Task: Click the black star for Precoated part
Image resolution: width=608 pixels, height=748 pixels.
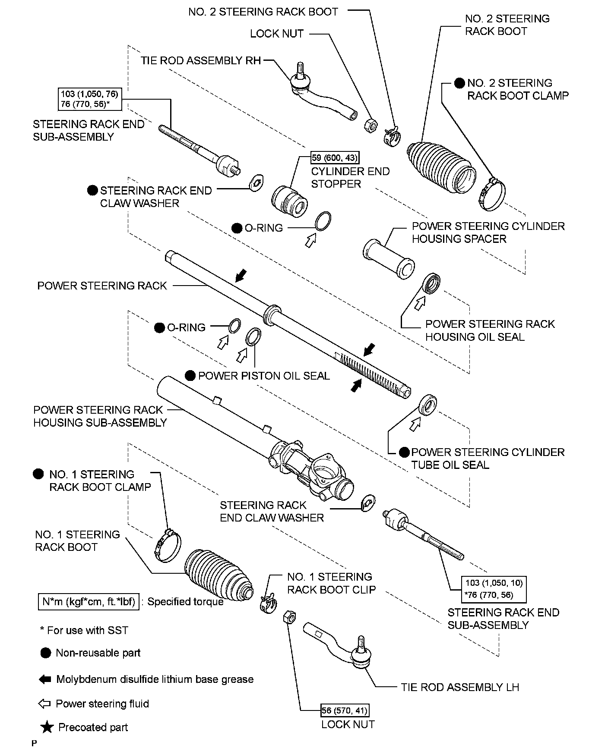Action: pos(47,727)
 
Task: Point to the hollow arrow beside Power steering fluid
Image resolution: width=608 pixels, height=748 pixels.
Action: pos(44,704)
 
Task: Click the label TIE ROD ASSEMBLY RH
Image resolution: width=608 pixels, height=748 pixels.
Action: pos(201,61)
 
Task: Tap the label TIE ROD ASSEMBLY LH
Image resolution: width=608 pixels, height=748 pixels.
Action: pos(460,687)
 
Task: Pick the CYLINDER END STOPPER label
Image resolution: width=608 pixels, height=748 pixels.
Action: pos(350,178)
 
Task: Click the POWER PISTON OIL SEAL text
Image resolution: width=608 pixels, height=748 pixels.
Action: pos(264,376)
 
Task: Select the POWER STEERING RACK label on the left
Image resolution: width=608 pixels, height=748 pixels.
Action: pos(102,286)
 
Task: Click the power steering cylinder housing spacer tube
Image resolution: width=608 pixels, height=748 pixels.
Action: pos(389,258)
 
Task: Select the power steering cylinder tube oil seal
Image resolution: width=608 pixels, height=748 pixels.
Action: pos(428,405)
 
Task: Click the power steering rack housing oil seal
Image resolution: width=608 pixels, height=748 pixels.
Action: pos(432,283)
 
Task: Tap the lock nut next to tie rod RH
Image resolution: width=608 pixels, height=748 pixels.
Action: pos(370,126)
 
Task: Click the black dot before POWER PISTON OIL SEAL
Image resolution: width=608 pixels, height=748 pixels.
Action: pos(190,376)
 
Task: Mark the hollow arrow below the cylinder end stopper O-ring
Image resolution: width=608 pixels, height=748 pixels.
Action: pos(310,242)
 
